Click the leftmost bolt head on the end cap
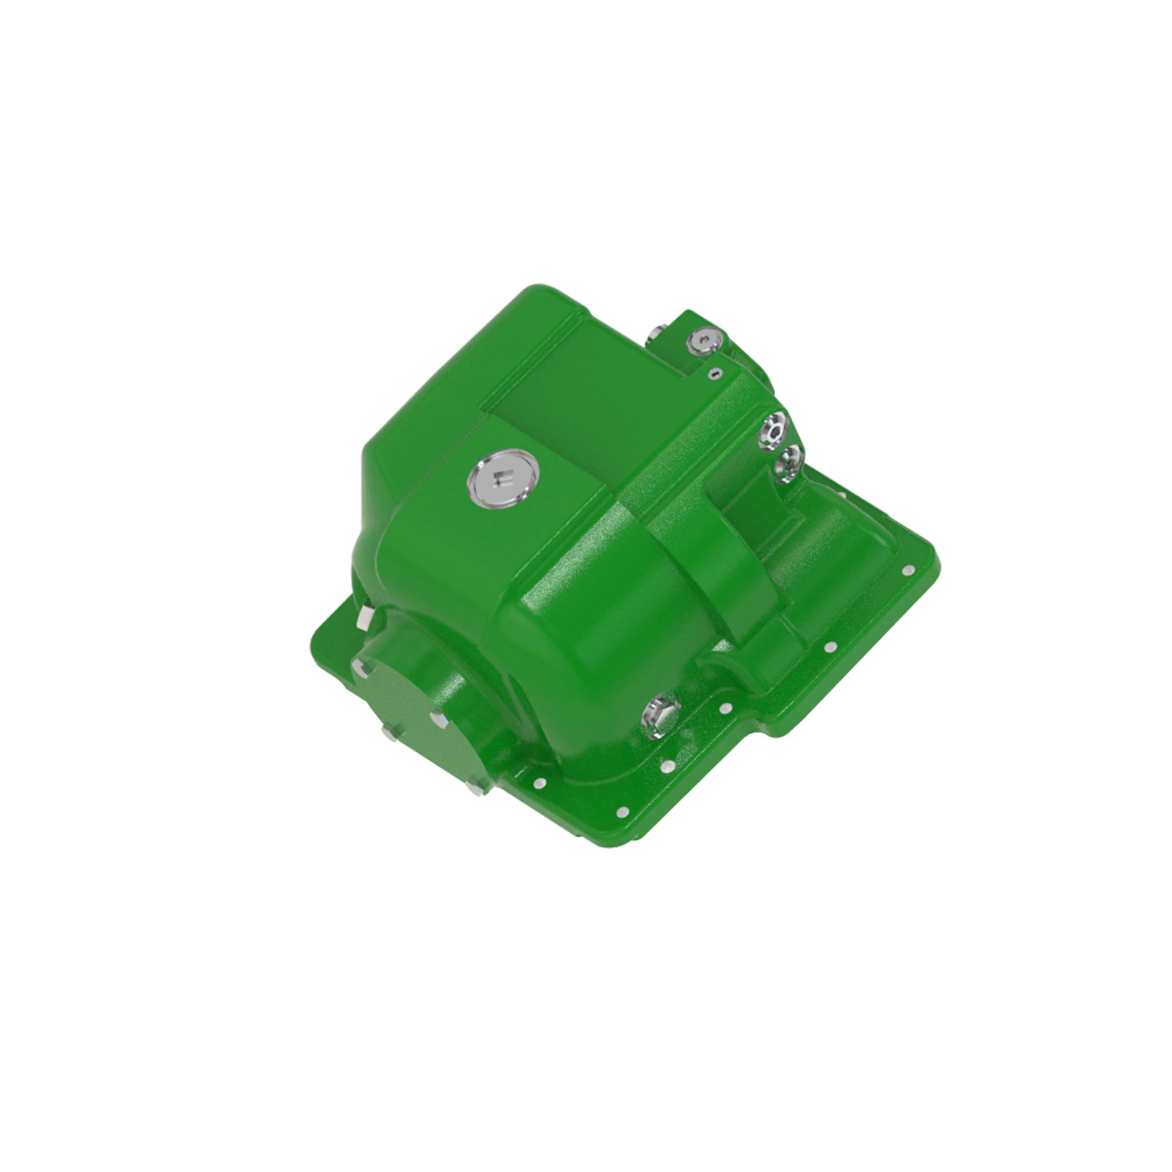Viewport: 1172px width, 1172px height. tap(389, 734)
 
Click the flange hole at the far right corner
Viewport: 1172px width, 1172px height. tap(908, 570)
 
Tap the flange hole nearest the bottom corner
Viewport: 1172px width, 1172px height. tap(622, 811)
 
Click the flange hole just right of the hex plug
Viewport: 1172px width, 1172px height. tap(723, 708)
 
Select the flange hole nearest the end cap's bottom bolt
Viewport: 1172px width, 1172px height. tap(537, 782)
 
